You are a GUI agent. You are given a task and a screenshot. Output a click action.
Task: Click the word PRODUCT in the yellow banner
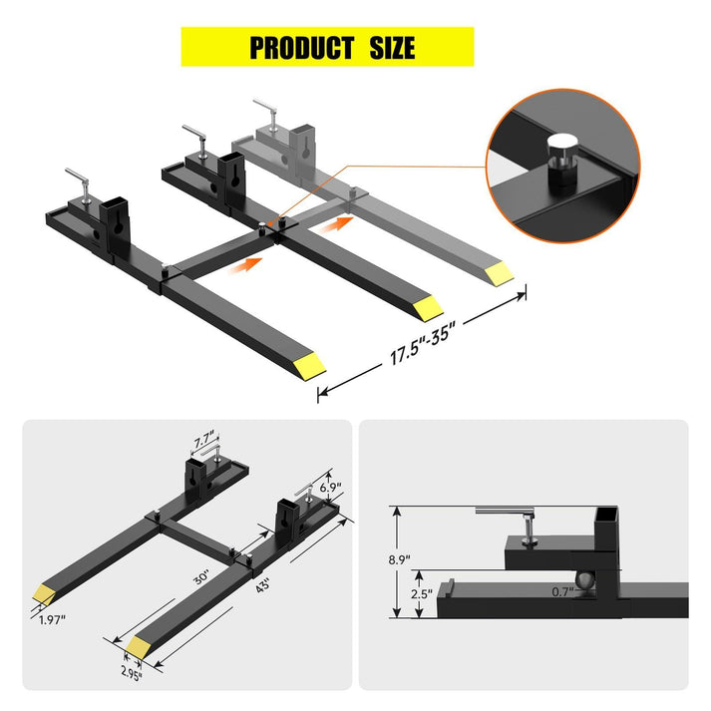(x=301, y=47)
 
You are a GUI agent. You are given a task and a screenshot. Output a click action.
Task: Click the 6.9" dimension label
(x=330, y=487)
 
